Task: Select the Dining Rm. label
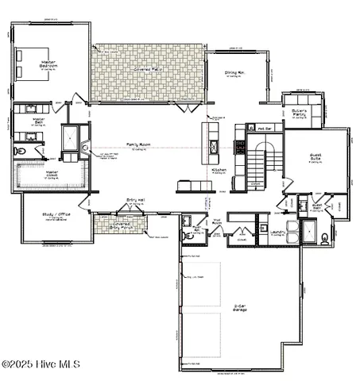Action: [234, 72]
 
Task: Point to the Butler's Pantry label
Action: [299, 114]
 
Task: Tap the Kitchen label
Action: [219, 170]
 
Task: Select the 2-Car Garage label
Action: [238, 307]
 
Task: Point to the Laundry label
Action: [277, 232]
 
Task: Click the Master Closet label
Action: [52, 172]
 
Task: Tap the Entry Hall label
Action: [135, 200]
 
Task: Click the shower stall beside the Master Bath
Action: [72, 140]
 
